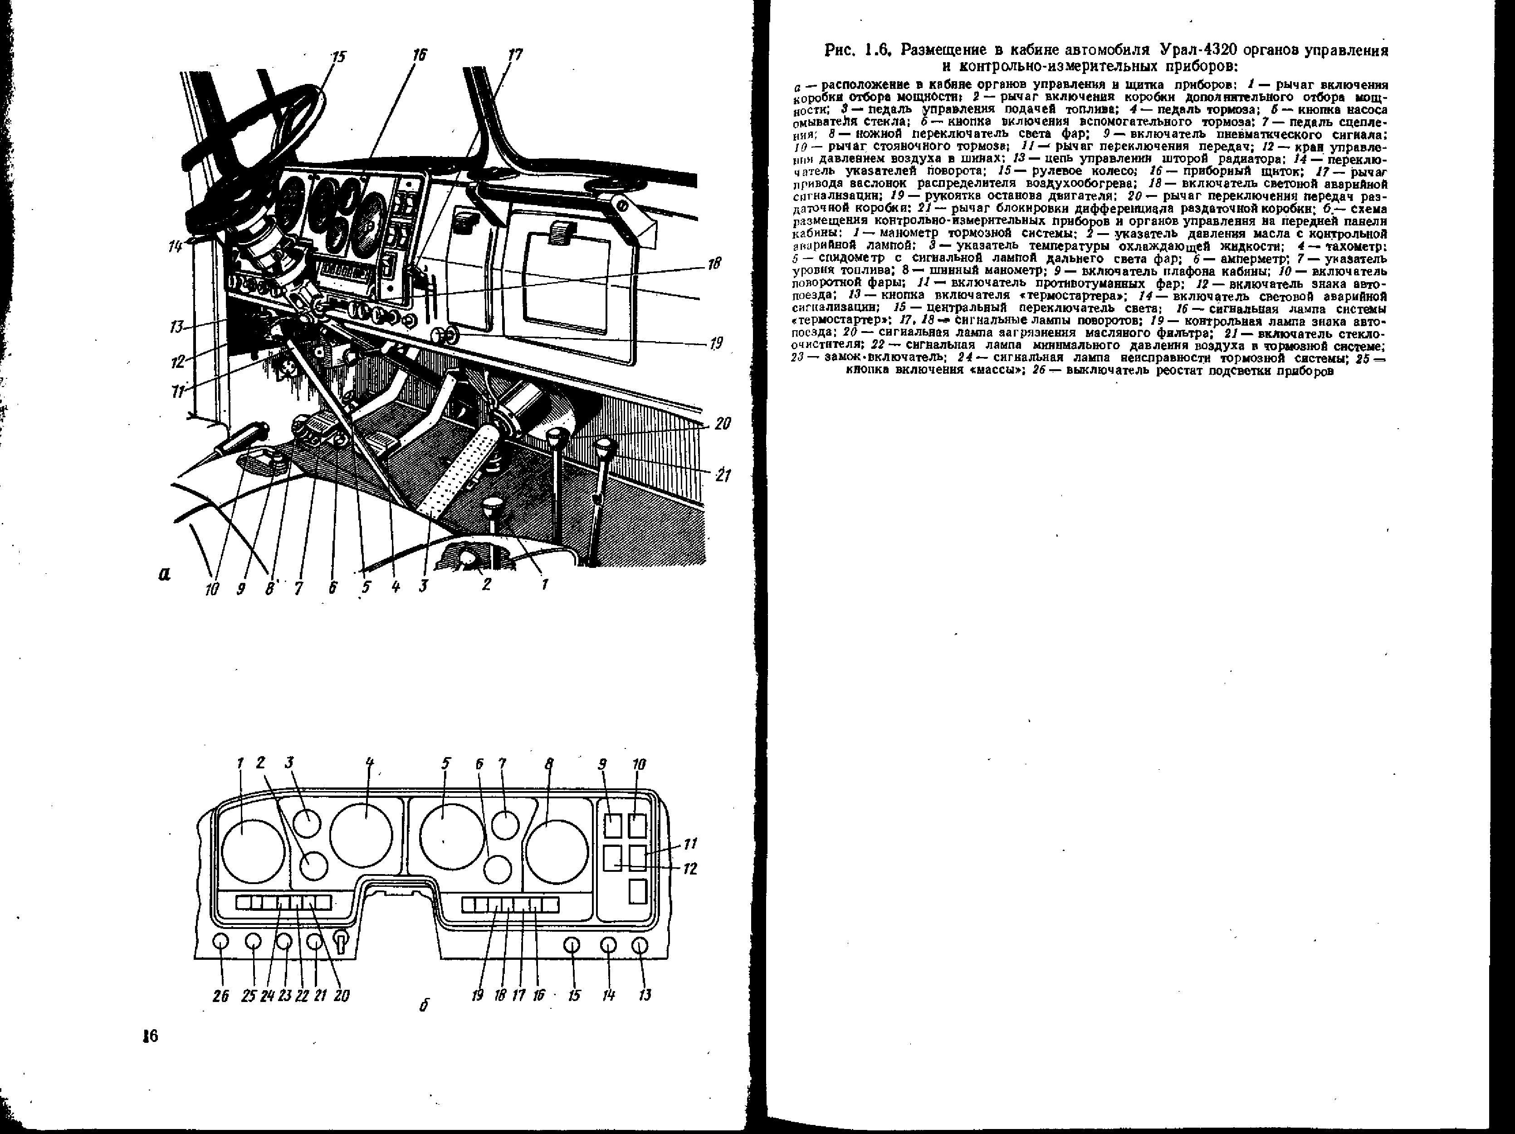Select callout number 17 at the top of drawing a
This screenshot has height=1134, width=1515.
pos(515,55)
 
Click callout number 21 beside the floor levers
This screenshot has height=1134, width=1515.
pos(723,474)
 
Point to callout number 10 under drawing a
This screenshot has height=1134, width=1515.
pos(212,587)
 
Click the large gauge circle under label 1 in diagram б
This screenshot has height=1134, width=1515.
pos(253,851)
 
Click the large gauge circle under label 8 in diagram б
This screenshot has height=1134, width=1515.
pos(557,851)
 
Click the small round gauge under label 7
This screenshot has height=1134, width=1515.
pos(505,825)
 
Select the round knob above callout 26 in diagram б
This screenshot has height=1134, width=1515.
pos(220,942)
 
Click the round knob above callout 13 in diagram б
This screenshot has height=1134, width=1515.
pos(640,946)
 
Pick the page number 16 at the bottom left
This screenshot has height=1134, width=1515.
pos(150,1036)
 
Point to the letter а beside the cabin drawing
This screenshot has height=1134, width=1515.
pos(164,574)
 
